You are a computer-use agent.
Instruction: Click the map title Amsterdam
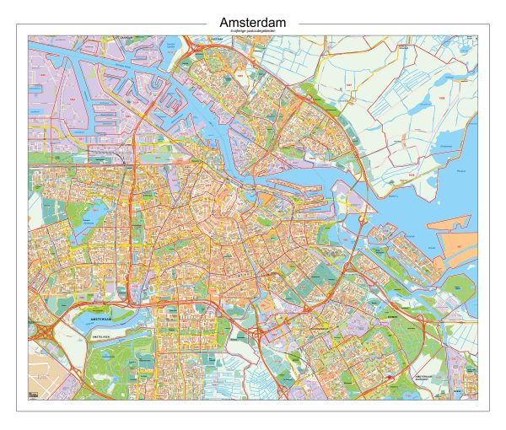[x=252, y=22]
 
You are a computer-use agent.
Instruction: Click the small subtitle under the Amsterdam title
[x=252, y=32]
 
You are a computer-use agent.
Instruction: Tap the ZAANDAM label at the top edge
[x=127, y=38]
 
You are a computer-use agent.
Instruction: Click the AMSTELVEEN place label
[x=102, y=336]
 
